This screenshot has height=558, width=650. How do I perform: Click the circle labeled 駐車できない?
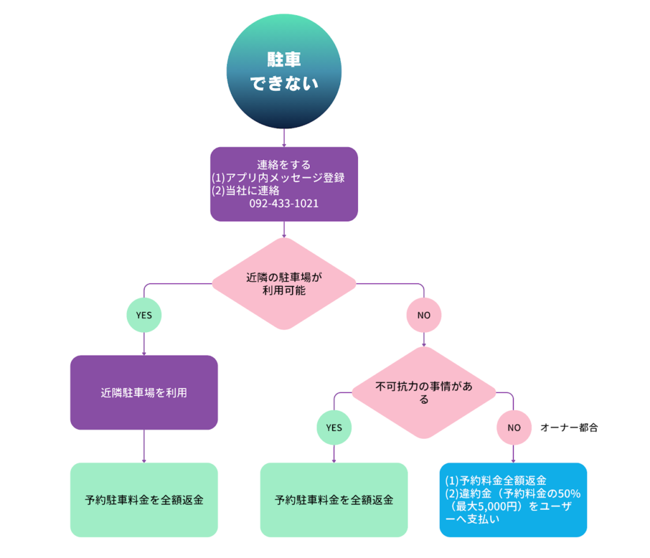[x=284, y=72]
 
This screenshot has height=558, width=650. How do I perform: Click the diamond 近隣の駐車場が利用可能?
[x=284, y=284]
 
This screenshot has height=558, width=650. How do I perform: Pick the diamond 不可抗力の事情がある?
[x=423, y=392]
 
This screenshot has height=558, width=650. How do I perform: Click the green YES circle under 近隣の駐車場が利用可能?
[x=144, y=314]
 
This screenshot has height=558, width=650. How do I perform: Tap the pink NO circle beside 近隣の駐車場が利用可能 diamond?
[x=423, y=314]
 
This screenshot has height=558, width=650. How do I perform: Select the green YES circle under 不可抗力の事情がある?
[x=334, y=427]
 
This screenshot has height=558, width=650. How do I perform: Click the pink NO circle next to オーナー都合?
[x=514, y=427]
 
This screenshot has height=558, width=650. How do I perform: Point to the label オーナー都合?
[x=569, y=428]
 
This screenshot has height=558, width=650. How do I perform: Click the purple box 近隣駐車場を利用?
[x=144, y=392]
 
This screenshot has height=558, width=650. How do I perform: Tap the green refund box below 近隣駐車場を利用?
[x=144, y=500]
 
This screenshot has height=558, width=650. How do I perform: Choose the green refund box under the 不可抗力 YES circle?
[x=334, y=500]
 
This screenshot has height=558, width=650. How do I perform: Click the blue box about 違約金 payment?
[x=513, y=500]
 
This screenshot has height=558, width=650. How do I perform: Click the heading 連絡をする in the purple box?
[x=284, y=165]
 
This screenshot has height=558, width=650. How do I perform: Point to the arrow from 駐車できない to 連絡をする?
[x=284, y=138]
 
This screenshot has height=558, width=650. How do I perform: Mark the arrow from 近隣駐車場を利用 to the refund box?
[x=144, y=446]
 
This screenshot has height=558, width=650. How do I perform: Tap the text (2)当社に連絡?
[x=245, y=190]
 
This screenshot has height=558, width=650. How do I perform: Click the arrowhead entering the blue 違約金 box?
[x=514, y=460]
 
